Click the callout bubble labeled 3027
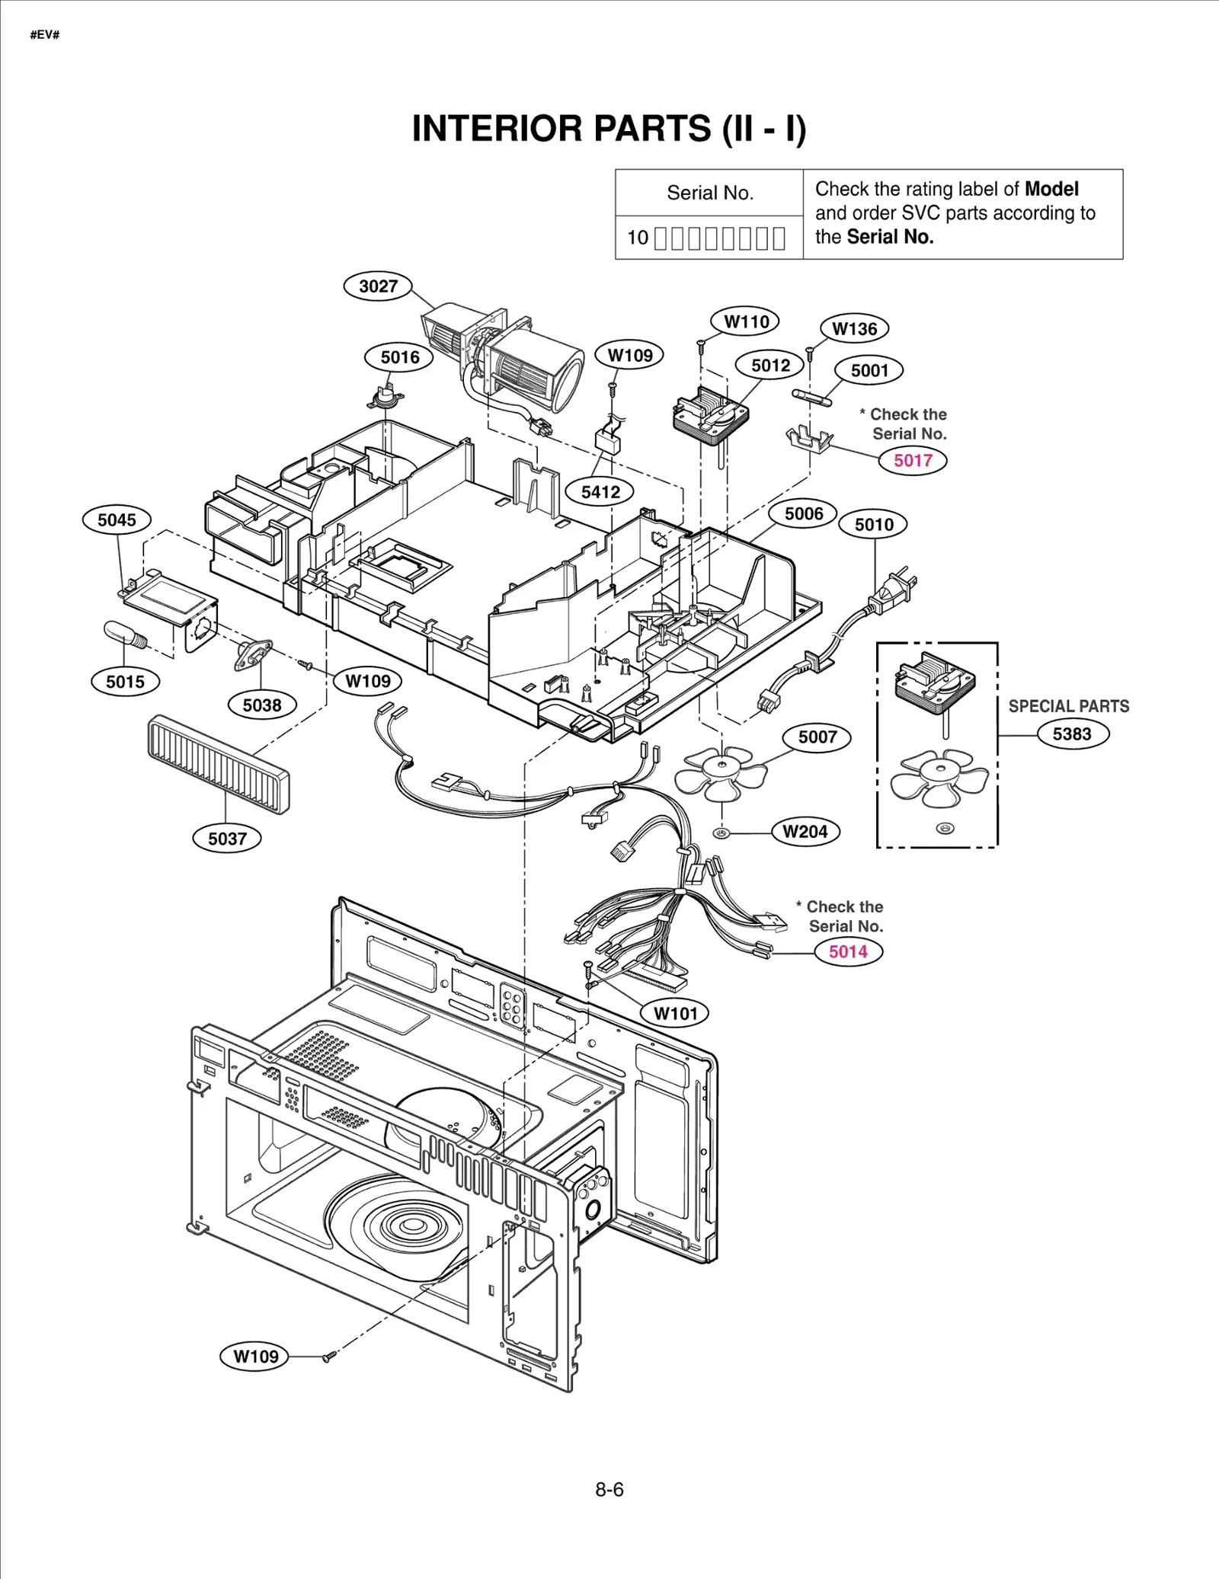[378, 286]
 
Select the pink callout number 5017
[913, 460]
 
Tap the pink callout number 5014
[848, 951]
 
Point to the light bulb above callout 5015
[124, 634]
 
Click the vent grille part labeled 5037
[219, 764]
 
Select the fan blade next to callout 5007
[720, 773]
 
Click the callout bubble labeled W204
[805, 831]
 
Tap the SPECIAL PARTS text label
[1068, 706]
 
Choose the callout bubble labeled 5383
[1072, 734]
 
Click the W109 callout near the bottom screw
[255, 1357]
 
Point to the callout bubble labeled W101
[675, 1013]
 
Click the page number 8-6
[609, 1489]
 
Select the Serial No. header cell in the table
[709, 193]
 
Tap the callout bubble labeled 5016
[400, 357]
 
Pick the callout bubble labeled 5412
[600, 492]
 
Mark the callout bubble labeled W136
[854, 329]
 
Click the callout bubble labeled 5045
[117, 520]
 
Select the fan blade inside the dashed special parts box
[939, 777]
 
